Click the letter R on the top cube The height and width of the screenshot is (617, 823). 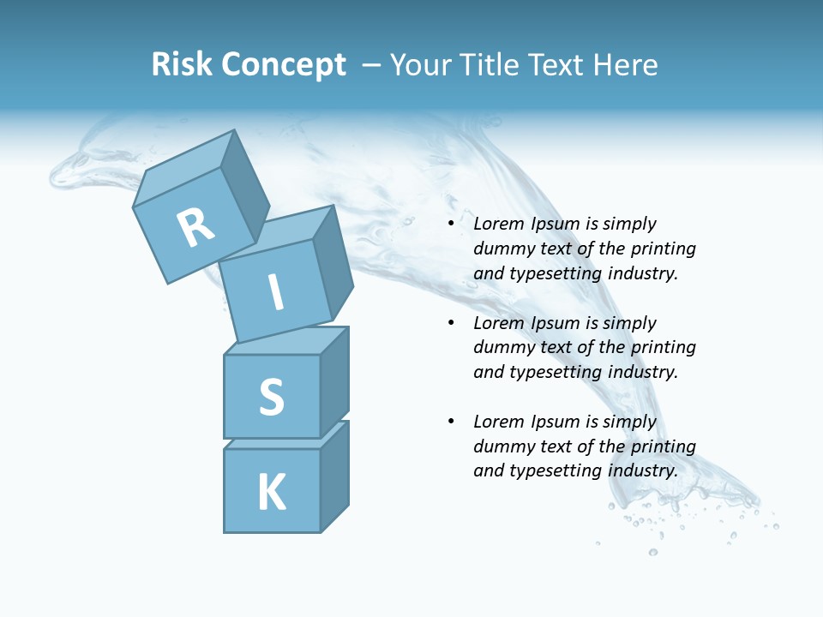(x=195, y=228)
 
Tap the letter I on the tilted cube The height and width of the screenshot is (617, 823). (x=275, y=293)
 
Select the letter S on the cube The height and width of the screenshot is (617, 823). (x=271, y=397)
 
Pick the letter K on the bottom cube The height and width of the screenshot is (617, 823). (x=271, y=493)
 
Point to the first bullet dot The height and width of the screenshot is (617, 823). (x=451, y=225)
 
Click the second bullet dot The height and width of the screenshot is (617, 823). (x=451, y=324)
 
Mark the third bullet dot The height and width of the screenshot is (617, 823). (x=451, y=422)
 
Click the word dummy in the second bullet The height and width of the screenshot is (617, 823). (x=502, y=348)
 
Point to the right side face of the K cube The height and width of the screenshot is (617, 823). (x=334, y=476)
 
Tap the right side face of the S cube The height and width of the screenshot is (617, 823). (x=334, y=382)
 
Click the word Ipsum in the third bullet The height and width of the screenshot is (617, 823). (x=555, y=422)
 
